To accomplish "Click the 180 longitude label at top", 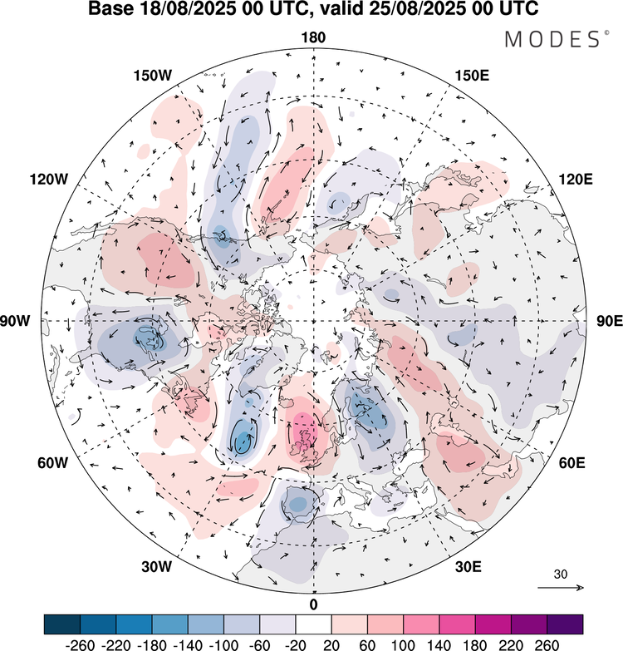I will [x=313, y=37].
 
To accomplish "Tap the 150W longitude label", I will [x=152, y=76].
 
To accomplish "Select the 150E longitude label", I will [x=473, y=76].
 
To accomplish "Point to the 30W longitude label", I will [x=156, y=567].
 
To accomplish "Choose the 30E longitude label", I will [x=469, y=567].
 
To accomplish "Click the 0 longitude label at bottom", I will [x=313, y=604].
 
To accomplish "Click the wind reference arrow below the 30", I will [x=560, y=588].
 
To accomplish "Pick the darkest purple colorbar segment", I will [x=564, y=624].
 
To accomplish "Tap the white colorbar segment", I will [x=313, y=624].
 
